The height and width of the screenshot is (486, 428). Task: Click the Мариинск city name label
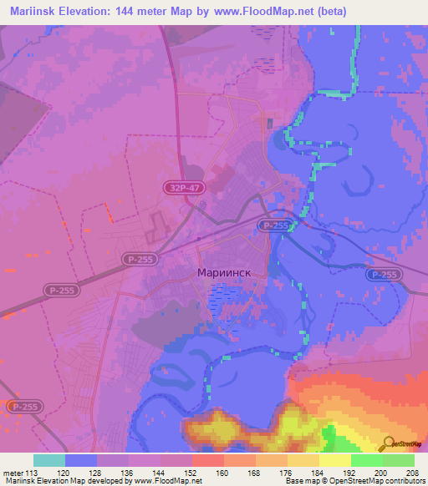coord(229,273)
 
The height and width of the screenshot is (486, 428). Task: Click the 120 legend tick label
coord(65,473)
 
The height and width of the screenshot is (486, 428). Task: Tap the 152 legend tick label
coord(192,473)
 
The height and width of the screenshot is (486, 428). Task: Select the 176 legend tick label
coord(288,473)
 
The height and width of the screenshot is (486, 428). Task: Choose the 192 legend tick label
coord(351,473)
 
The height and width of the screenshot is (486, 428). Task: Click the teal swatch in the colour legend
coord(49,460)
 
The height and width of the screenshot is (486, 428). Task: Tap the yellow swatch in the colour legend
coord(335,460)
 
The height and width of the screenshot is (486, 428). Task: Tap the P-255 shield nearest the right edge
coord(382,275)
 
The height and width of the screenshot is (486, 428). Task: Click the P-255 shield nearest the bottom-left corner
coord(23,406)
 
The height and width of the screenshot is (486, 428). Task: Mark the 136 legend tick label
coord(129,473)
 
